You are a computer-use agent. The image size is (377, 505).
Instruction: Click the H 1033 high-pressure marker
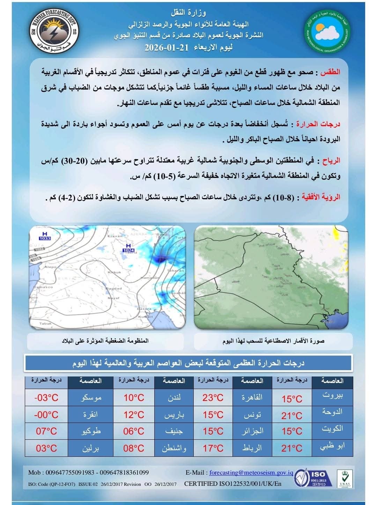(45, 236)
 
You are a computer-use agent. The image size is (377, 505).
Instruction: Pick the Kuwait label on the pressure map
(145, 317)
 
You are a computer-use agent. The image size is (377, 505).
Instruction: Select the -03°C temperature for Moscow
(46, 397)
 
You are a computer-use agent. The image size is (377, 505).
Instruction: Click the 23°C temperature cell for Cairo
(213, 397)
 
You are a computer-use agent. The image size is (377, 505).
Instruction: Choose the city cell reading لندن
(174, 397)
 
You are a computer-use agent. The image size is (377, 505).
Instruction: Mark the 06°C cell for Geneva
(134, 431)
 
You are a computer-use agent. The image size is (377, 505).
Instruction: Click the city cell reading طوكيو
(91, 431)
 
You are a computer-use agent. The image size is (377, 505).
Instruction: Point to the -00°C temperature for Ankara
(46, 415)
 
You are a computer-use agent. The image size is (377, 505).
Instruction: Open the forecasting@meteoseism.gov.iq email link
(251, 473)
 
